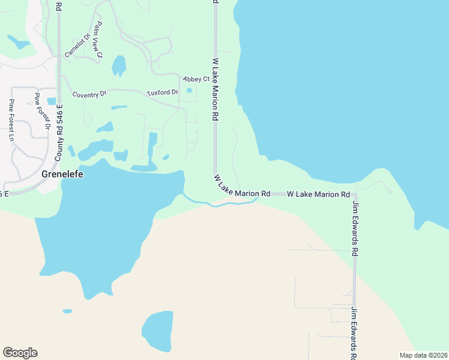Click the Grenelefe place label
pos(62,175)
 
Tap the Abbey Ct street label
pos(196,79)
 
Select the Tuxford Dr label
pos(163,92)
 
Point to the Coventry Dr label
pos(89,94)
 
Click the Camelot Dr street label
pos(77,45)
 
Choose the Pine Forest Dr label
pos(41,112)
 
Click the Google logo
pos(20,353)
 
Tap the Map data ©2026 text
pos(423,355)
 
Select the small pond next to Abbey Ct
pos(190,91)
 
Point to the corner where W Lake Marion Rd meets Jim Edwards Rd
pos(355,195)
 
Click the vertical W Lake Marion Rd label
pos(215,89)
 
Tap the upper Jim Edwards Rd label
pos(355,230)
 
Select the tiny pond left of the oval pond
pos(66,311)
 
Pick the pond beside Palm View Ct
pos(119,65)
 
